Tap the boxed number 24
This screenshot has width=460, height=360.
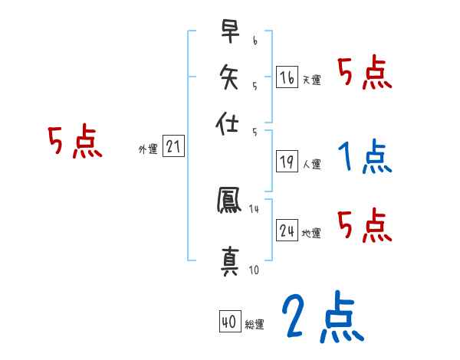pos(287,230)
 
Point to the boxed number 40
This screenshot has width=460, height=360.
pos(229,322)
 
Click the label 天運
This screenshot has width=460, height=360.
pos(312,80)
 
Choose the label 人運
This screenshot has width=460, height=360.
pos(312,164)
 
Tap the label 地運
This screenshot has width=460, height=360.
pos(312,233)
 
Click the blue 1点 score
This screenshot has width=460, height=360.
pos(365,157)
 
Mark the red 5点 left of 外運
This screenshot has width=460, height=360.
pos(74,142)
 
